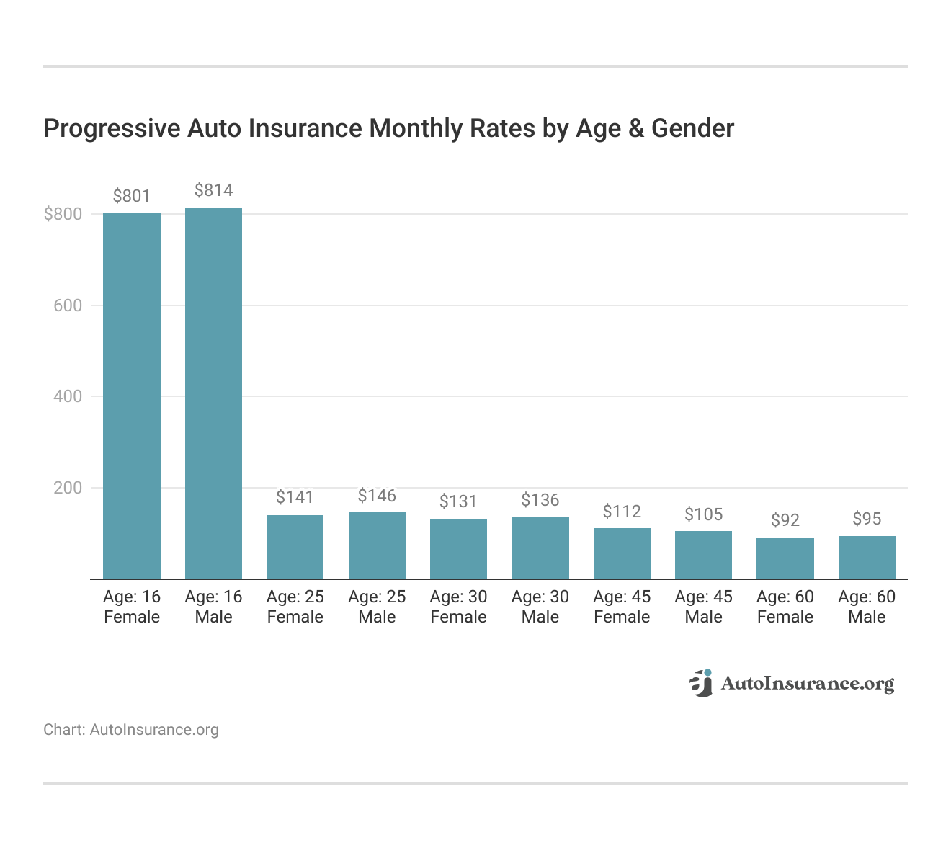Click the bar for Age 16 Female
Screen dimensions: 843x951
132,396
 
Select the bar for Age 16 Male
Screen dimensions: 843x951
213,393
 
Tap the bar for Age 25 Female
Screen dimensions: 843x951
295,547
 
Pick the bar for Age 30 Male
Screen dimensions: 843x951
540,548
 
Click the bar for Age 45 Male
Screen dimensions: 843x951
703,555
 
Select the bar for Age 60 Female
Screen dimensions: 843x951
785,558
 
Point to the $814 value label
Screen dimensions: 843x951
213,190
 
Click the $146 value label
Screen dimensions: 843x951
377,496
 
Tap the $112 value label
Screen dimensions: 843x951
622,512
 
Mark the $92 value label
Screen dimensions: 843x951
785,520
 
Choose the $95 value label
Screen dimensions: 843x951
867,519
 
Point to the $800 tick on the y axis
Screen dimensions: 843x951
63,214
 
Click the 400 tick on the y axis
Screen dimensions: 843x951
68,396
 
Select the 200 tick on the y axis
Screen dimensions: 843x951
68,488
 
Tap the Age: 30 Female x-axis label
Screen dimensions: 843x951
458,607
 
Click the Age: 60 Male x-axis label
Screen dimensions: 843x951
867,607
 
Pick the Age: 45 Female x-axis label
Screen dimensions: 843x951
622,607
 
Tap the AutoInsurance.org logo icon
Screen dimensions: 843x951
700,683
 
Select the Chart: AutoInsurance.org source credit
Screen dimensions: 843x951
131,730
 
